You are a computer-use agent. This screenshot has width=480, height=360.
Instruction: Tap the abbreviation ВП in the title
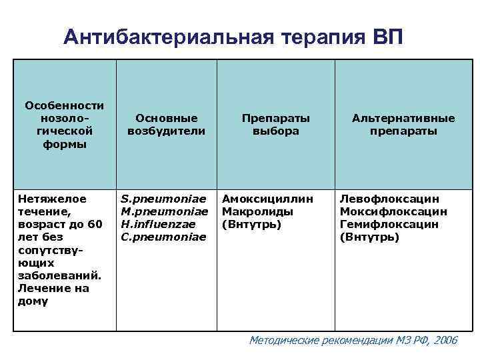pos(385,37)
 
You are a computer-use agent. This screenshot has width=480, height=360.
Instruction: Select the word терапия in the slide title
pos(315,37)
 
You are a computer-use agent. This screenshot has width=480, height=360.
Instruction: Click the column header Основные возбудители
pos(167,125)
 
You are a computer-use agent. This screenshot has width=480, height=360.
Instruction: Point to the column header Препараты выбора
pos(275,125)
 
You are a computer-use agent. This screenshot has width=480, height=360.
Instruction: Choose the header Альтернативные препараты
pos(403,125)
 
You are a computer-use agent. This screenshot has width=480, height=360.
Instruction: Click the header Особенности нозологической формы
pos(64,125)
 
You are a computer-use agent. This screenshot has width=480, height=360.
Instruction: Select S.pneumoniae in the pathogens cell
pos(164,198)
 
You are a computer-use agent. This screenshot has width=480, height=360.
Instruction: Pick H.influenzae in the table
pos(159,224)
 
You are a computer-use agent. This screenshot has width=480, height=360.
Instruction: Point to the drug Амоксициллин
pos(267,198)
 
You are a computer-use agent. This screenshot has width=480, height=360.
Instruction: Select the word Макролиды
pos(257,211)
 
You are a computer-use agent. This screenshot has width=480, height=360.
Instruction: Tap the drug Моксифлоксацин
pos(393,211)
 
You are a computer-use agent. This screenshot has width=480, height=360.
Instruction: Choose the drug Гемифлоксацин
pos(389,224)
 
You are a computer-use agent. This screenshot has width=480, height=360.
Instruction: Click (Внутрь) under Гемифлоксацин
pos(369,237)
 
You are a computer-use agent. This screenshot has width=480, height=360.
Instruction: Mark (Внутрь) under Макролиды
pos(251,224)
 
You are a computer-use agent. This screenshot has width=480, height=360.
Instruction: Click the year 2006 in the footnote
pos(445,340)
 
